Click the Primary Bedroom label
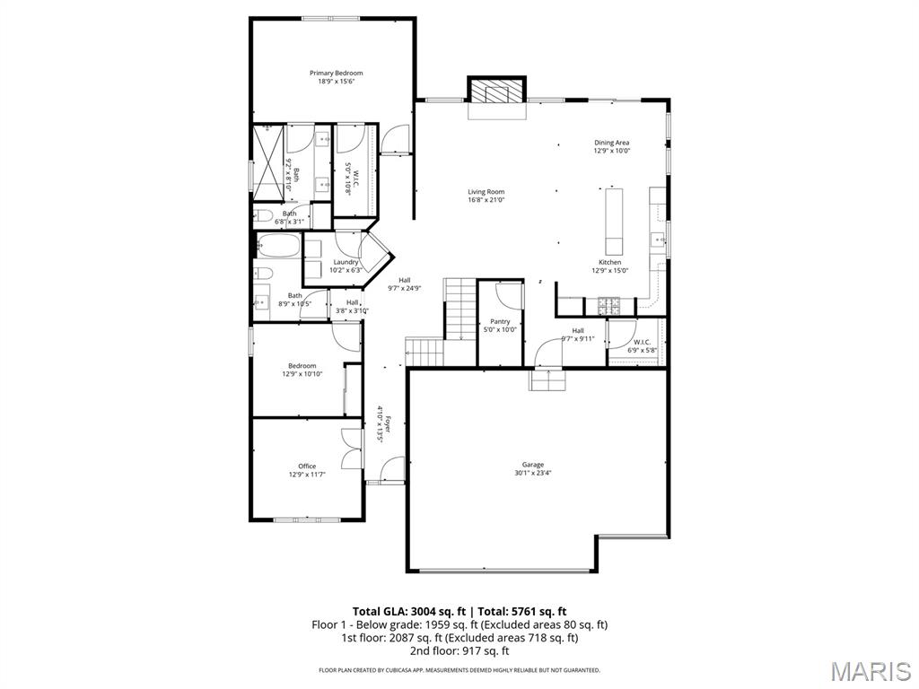click(336, 73)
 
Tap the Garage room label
click(533, 465)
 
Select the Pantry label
click(500, 321)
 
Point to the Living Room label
click(486, 191)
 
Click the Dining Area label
click(611, 143)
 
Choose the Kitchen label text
click(609, 262)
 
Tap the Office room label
click(307, 466)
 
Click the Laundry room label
click(346, 262)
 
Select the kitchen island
click(615, 221)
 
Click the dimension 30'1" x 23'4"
click(533, 473)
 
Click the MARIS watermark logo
click(871, 671)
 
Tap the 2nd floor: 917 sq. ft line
click(459, 650)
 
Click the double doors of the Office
click(352, 449)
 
